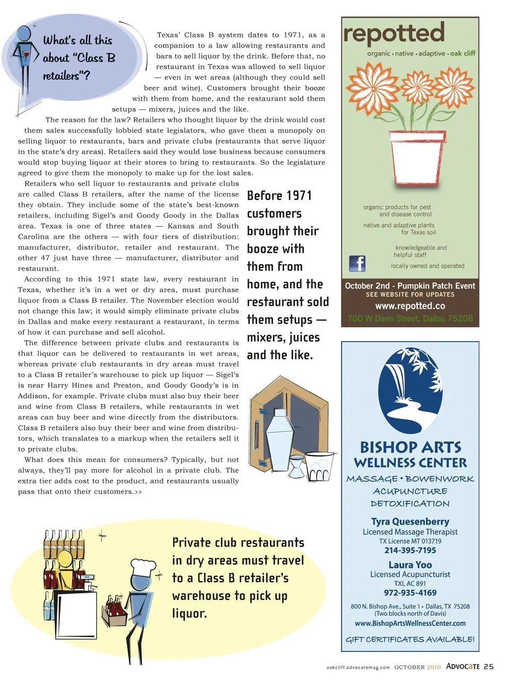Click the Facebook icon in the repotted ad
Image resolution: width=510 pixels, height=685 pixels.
click(x=357, y=263)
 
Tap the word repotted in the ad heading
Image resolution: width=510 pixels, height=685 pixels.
click(x=394, y=33)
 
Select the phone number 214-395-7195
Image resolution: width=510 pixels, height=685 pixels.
click(x=410, y=550)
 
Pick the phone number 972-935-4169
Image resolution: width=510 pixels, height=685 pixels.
click(x=410, y=593)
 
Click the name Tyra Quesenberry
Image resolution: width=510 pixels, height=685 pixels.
click(x=410, y=521)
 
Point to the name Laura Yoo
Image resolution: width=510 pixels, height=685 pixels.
click(x=410, y=564)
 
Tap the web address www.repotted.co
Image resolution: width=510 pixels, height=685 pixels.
click(x=410, y=306)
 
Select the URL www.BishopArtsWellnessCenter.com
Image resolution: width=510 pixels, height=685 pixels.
click(x=410, y=623)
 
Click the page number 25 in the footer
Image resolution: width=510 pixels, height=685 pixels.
click(x=489, y=666)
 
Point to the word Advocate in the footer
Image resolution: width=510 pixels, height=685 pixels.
click(x=463, y=666)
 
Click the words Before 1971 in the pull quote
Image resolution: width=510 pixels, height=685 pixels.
click(x=279, y=195)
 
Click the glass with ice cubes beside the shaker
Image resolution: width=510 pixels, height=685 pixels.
click(x=320, y=466)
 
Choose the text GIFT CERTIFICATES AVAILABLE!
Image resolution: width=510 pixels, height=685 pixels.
click(x=410, y=639)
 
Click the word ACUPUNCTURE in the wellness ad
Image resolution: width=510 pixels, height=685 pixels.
click(x=410, y=491)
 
